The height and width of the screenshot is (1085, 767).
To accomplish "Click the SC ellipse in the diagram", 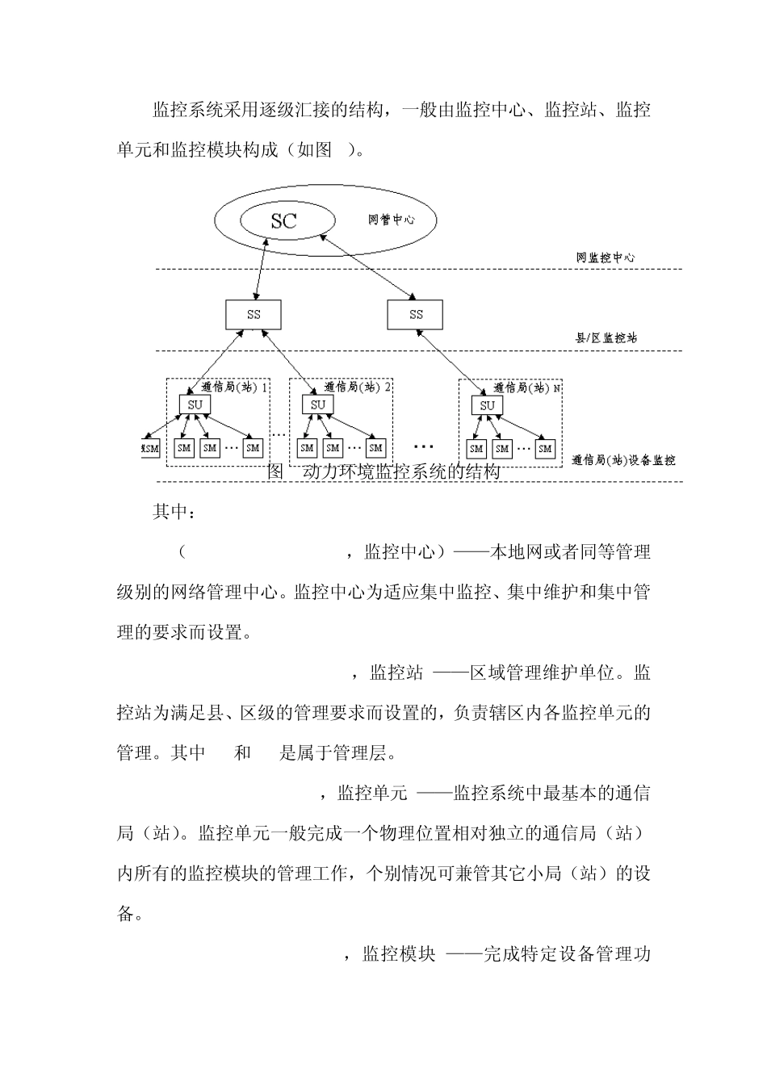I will tap(284, 220).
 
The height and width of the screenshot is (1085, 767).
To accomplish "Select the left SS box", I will tap(254, 315).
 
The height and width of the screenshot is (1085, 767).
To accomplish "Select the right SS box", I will tap(416, 315).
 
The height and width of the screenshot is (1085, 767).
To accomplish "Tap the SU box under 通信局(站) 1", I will tap(195, 404).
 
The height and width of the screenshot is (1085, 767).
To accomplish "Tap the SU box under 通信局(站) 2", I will tap(318, 404).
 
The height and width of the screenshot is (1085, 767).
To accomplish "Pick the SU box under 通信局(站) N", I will tap(487, 405).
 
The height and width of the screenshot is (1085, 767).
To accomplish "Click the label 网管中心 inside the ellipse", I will tap(392, 220).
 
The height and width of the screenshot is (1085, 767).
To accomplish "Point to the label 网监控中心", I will tap(606, 258).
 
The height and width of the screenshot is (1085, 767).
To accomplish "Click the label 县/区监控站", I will tap(606, 338).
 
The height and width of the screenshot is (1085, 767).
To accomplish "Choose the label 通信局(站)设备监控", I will tap(623, 460).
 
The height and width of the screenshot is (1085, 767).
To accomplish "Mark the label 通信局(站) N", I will tap(526, 387).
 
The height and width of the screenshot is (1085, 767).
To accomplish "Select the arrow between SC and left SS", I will tap(261, 270).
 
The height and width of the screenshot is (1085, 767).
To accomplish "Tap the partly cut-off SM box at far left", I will tap(151, 448).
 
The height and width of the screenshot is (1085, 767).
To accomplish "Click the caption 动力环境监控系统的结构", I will tap(400, 472).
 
